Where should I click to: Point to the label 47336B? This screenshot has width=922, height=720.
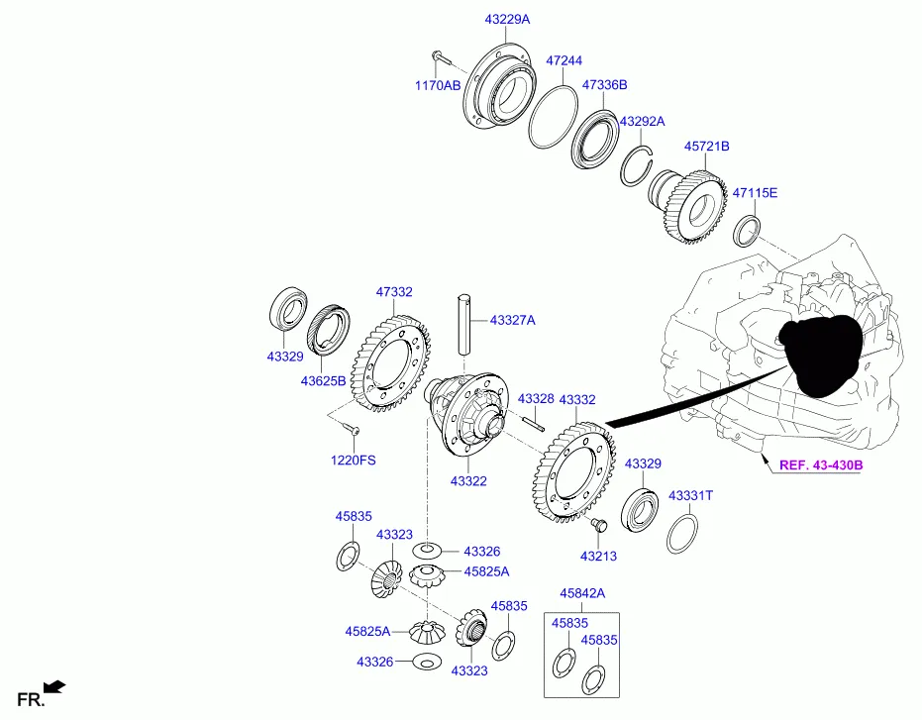pos(604,85)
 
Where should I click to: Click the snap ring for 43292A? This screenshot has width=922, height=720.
pos(638,164)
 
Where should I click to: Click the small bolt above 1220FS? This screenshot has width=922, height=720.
pos(351,430)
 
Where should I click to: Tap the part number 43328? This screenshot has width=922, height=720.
pos(535,398)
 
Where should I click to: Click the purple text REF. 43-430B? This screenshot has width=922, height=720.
pos(820,464)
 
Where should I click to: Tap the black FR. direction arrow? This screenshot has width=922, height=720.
pos(54,685)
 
